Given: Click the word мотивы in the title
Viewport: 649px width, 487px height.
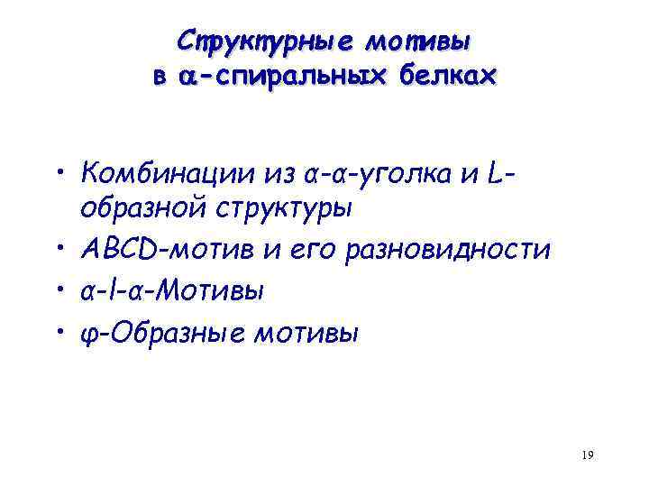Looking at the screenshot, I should (x=418, y=41).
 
